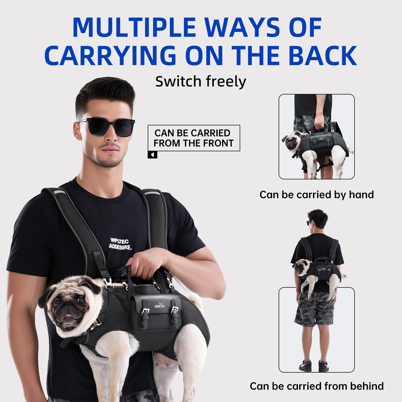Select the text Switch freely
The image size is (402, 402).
[x=201, y=81]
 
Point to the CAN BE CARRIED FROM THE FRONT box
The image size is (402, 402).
[x=194, y=138]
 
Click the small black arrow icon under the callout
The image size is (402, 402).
[x=152, y=155]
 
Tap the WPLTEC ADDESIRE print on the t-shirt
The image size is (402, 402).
[x=120, y=244]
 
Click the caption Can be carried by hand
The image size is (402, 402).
[x=317, y=195]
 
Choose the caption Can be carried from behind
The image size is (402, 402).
[x=317, y=386]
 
